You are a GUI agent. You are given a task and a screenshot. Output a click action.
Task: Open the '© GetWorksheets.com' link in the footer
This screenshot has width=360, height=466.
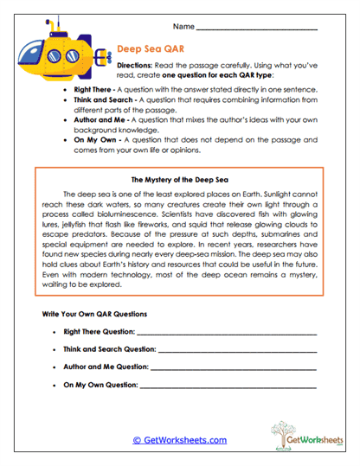180,440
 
